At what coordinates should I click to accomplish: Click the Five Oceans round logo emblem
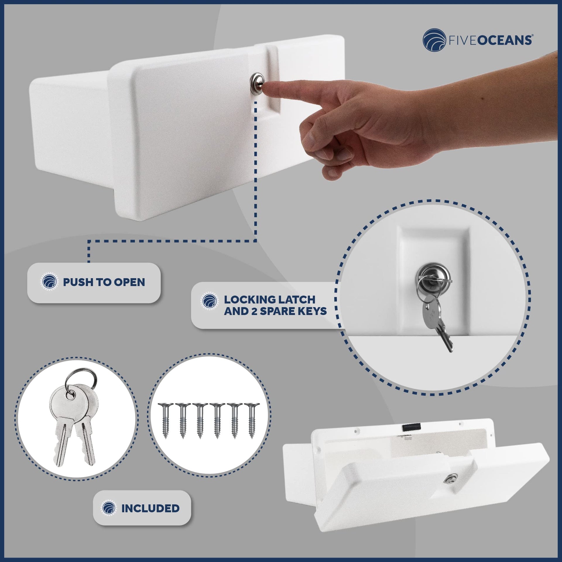pos(434,40)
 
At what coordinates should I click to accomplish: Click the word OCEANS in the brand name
pos(505,40)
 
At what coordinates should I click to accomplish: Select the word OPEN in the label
pos(129,282)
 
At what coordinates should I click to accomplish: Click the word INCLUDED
pos(150,508)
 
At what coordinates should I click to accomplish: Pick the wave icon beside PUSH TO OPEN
pos(49,282)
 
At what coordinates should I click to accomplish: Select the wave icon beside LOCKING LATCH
pos(210,301)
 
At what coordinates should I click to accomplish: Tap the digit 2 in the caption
pos(254,311)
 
